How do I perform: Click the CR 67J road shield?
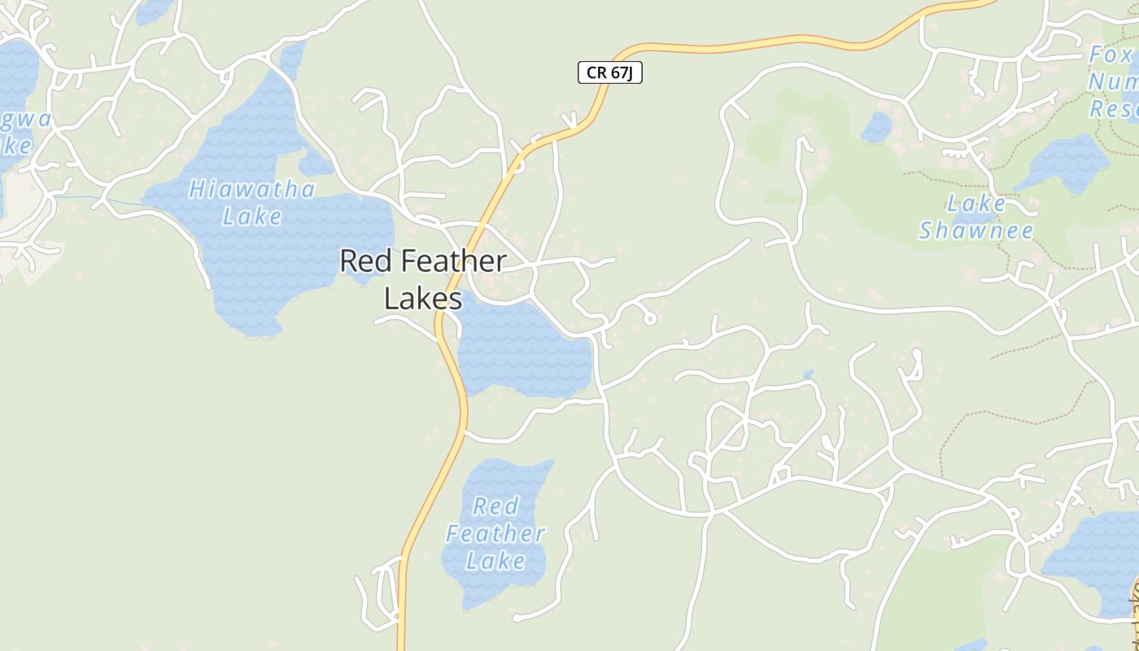610,72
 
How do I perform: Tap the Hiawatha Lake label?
252,203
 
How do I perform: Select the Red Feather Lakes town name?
423,280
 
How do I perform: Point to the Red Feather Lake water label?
495,534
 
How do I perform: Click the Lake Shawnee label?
976,217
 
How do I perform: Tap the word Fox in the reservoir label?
1111,55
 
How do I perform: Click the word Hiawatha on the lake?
252,190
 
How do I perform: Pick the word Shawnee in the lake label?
976,231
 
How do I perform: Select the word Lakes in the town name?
423,299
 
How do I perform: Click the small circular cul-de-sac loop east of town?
650,319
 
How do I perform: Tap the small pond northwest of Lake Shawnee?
876,128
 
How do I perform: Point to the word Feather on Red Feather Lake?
495,534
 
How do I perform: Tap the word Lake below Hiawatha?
252,216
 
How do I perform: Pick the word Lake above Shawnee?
976,203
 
